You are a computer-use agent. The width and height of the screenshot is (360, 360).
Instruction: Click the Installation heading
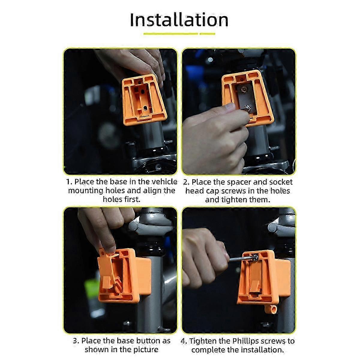(179, 20)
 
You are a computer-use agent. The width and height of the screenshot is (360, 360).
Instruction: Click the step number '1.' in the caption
(69, 181)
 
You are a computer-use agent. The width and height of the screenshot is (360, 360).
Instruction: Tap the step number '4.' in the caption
(184, 341)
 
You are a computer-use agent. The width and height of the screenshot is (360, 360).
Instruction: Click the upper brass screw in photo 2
(244, 90)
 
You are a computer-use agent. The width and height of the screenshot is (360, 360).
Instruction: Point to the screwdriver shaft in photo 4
(241, 259)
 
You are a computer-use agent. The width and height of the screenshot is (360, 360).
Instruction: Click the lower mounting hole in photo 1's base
(145, 108)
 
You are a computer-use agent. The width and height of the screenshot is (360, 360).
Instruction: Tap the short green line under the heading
(207, 34)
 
